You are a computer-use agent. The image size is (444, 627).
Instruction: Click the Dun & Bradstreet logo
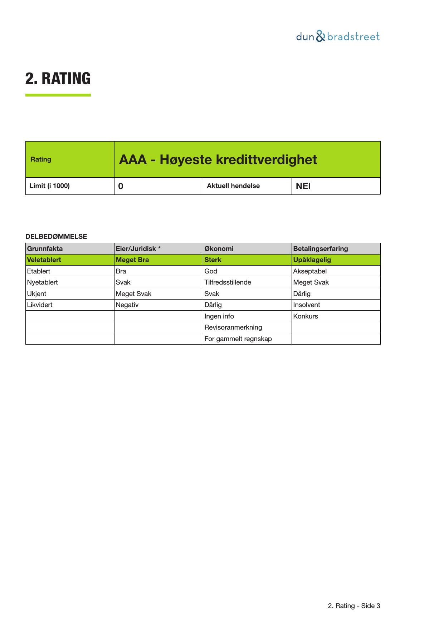pos(338,36)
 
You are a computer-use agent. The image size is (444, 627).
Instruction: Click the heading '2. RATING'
pos(58,79)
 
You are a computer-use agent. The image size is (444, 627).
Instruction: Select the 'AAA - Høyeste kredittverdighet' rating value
pos(218,159)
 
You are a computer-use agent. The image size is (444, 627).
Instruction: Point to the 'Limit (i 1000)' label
pos(50,186)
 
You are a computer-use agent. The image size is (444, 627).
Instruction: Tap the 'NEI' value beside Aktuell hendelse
pos(303,186)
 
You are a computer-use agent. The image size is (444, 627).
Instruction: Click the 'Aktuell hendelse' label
pos(233,186)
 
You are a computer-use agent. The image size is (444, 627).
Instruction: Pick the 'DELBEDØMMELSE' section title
pos(56,237)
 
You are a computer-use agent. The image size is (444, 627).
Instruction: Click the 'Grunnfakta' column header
pos(45,249)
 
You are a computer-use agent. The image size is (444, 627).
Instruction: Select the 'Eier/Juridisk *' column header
pos(138,249)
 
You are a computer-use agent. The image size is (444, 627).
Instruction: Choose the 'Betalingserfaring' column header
pos(320,249)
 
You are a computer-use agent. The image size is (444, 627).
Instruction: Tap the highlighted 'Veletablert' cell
pos(44,260)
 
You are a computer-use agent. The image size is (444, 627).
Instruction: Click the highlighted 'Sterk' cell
pos(213,260)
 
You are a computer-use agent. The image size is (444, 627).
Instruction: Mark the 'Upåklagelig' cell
pos(312,260)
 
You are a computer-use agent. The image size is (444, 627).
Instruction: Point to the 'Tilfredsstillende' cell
pos(228,282)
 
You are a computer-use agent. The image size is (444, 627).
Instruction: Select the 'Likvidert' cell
pos(40,305)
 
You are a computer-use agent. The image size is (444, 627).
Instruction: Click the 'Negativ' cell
pos(127,305)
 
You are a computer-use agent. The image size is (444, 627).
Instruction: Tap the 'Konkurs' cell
pos(306,316)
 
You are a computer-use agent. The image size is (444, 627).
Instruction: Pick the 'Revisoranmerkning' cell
pos(233,327)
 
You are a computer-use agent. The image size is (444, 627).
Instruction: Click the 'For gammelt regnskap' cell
pos(238,339)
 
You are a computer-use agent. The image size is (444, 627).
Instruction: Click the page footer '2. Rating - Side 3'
pos(354,606)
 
